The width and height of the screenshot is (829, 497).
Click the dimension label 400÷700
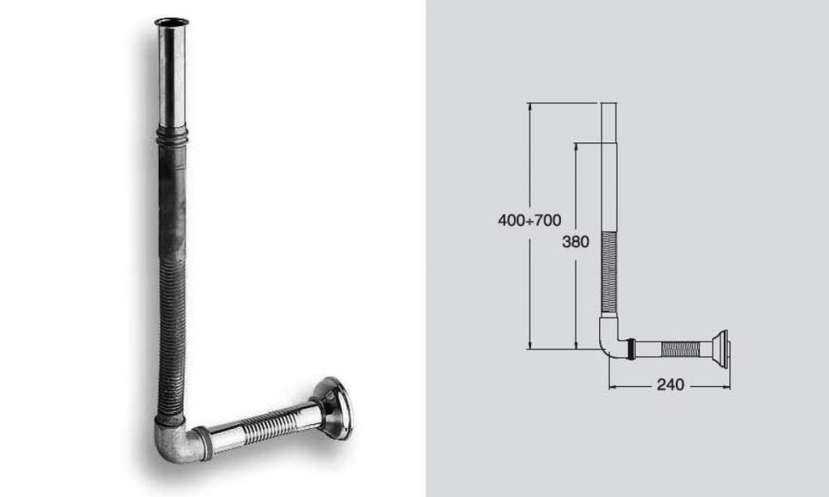coord(529,220)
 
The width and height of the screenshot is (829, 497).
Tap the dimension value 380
coord(576,242)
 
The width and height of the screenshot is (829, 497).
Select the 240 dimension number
coord(670,384)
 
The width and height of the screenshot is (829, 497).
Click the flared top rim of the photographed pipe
coord(172,22)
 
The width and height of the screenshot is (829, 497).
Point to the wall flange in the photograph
coord(332,407)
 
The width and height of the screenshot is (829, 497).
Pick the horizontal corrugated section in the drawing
coord(680,349)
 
